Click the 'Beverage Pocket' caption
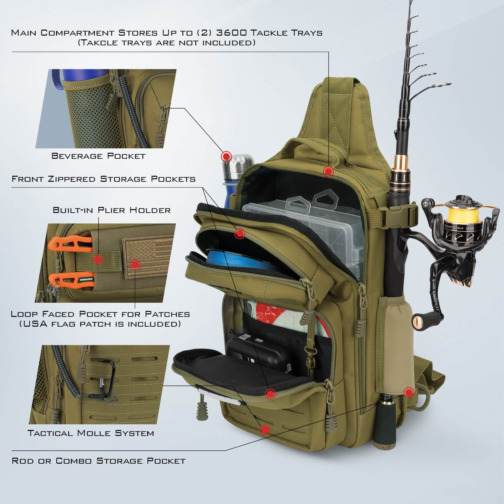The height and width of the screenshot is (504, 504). [x=98, y=156]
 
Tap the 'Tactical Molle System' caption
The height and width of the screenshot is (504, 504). [x=91, y=433]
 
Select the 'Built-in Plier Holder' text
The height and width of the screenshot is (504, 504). [x=112, y=210]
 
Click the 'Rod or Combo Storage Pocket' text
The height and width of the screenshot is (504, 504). [x=99, y=461]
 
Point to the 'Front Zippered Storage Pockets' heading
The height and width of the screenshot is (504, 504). [x=104, y=179]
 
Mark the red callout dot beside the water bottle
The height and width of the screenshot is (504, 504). [x=226, y=156]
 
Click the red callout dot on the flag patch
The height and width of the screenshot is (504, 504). [x=135, y=265]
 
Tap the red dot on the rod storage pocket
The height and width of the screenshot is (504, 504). [x=409, y=392]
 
